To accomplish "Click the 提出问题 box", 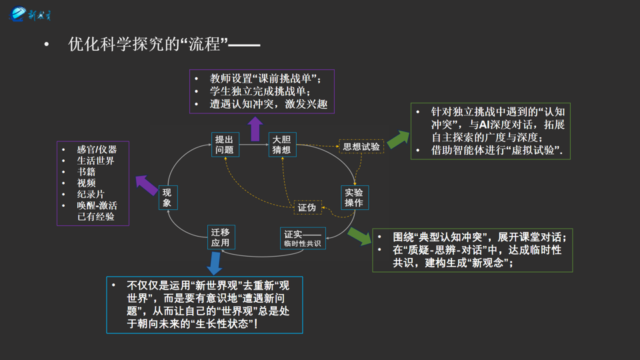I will point(224,145).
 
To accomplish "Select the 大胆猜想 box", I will point(281,145).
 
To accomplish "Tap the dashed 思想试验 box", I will point(361,147).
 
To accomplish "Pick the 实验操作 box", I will point(354,197).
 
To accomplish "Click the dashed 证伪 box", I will point(307,207).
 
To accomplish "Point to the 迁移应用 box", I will point(220,237).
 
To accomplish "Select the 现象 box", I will point(168,197).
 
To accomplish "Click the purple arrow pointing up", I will point(255,129).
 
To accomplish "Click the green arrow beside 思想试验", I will point(398,139).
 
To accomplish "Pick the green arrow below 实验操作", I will point(359,235).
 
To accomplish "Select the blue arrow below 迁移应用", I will point(214,263).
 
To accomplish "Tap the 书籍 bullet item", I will point(86,172).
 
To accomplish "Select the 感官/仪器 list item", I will point(97,149).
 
